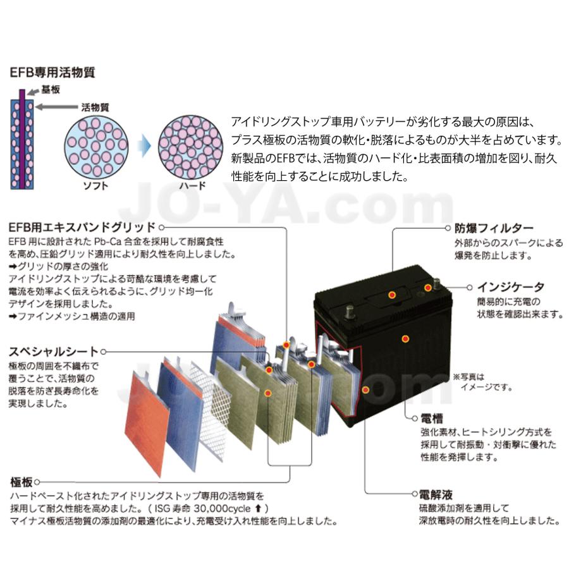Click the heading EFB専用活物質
pyautogui.click(x=52, y=72)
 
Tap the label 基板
pyautogui.click(x=51, y=90)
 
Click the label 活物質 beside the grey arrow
pyautogui.click(x=95, y=107)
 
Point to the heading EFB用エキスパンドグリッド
pyautogui.click(x=82, y=226)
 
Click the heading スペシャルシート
pyautogui.click(x=54, y=351)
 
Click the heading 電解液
pyautogui.click(x=436, y=494)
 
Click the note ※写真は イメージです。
pyautogui.click(x=482, y=381)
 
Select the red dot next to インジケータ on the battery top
pyautogui.click(x=428, y=288)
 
